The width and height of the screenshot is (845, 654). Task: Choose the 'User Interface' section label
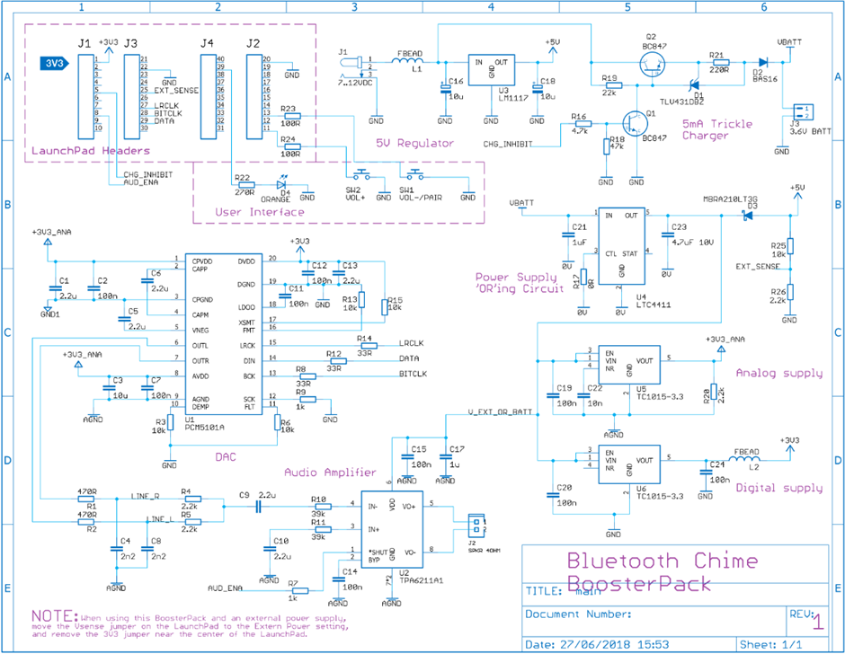259,211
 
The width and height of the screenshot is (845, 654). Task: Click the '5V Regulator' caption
414,143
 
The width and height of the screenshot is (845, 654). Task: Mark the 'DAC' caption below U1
226,456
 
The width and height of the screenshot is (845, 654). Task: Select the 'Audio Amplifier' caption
330,473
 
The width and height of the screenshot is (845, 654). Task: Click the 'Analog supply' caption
778,373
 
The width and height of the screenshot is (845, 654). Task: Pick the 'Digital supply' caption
778,489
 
